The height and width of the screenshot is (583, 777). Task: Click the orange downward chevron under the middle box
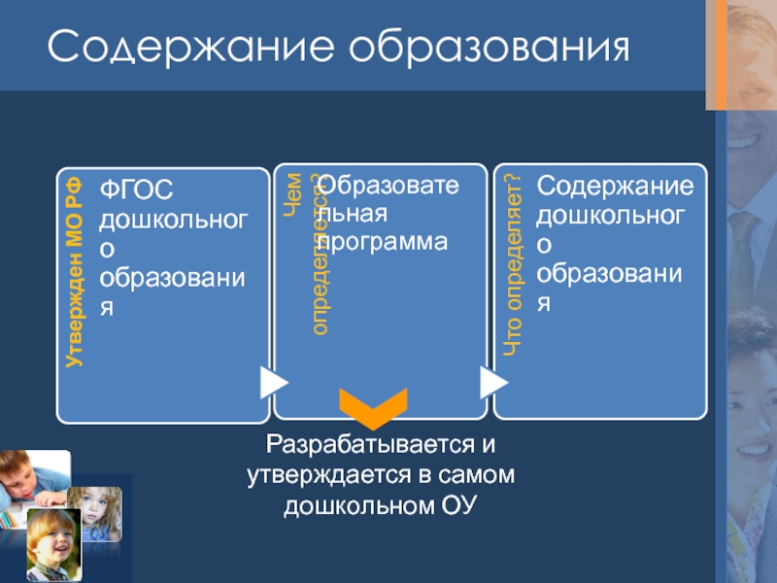point(373,408)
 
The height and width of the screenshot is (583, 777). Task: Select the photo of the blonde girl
point(96,513)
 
